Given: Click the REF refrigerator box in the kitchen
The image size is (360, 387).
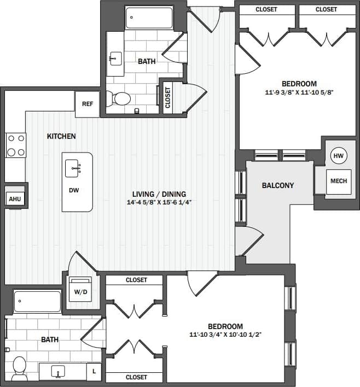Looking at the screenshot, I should [x=87, y=104].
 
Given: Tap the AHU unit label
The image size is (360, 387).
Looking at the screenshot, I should [x=14, y=199].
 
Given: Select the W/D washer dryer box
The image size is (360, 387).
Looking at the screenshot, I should [x=80, y=292].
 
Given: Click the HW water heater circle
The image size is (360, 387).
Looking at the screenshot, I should [x=338, y=156].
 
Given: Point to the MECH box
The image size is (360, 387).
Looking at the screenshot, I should [x=338, y=181].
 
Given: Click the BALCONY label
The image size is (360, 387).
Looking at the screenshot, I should [x=277, y=185].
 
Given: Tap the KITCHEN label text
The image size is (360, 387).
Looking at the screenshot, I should [x=61, y=136].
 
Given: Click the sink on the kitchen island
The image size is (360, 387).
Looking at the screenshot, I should [x=74, y=168].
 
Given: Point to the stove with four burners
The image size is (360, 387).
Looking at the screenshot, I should [x=15, y=145].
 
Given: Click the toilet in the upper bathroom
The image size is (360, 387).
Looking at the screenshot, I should [x=119, y=99].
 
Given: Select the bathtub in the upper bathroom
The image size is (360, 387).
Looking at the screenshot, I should [x=149, y=17].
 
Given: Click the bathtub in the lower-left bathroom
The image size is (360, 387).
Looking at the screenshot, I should [x=37, y=301].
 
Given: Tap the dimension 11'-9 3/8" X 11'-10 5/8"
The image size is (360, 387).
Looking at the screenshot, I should [x=299, y=92].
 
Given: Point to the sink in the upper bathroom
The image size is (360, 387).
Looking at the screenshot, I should [x=115, y=57].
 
